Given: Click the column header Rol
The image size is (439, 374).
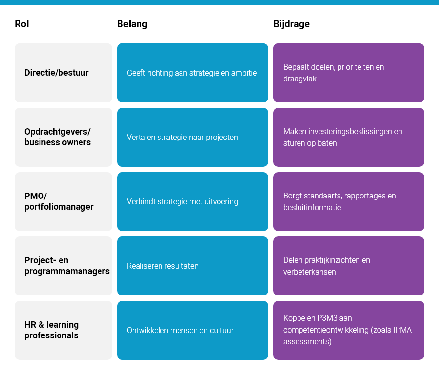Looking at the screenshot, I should pyautogui.click(x=22, y=24).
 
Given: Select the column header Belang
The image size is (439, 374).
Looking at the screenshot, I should pyautogui.click(x=132, y=24).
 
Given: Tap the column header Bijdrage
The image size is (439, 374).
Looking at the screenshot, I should pyautogui.click(x=291, y=24).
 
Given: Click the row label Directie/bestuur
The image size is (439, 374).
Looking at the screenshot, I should pyautogui.click(x=57, y=73).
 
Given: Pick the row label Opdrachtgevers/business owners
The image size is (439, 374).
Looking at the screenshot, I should pyautogui.click(x=58, y=137).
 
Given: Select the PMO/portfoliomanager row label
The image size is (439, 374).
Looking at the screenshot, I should pyautogui.click(x=59, y=201).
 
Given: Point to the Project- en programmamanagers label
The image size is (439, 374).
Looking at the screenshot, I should pyautogui.click(x=67, y=266).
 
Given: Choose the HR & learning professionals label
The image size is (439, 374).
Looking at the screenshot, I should pyautogui.click(x=51, y=330).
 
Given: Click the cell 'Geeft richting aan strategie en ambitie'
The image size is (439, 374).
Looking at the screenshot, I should pyautogui.click(x=192, y=73).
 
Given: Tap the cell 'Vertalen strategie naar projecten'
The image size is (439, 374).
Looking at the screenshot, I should pyautogui.click(x=182, y=137).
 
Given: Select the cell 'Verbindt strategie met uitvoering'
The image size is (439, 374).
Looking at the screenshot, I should pyautogui.click(x=182, y=201).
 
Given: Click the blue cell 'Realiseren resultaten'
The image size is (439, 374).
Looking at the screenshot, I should pyautogui.click(x=162, y=266).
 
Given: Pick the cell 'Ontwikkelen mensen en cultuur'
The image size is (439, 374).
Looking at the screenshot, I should pyautogui.click(x=180, y=330).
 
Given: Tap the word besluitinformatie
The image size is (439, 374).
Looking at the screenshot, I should pyautogui.click(x=312, y=207).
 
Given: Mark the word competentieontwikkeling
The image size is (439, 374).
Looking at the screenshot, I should pyautogui.click(x=325, y=330).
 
